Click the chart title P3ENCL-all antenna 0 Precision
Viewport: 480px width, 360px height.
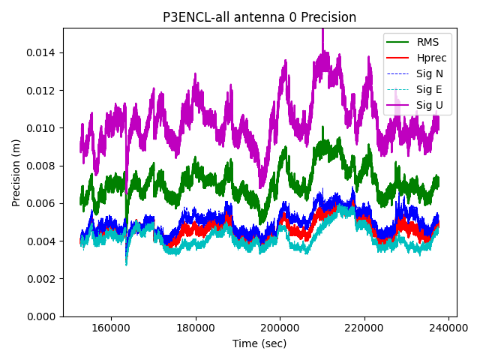259,17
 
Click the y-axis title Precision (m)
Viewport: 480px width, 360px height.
16,172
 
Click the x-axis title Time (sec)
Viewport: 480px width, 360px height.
259,343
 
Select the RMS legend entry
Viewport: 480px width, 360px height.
428,42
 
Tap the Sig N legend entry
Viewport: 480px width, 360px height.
430,73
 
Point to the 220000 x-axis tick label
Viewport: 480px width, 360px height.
365,328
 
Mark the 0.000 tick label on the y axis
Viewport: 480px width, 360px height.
43,316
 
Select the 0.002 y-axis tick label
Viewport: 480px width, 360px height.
43,279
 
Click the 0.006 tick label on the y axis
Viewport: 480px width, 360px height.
43,203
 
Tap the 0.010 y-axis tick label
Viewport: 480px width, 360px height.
43,128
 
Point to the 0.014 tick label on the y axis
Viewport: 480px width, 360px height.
43,52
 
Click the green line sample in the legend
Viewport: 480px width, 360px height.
399,42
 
